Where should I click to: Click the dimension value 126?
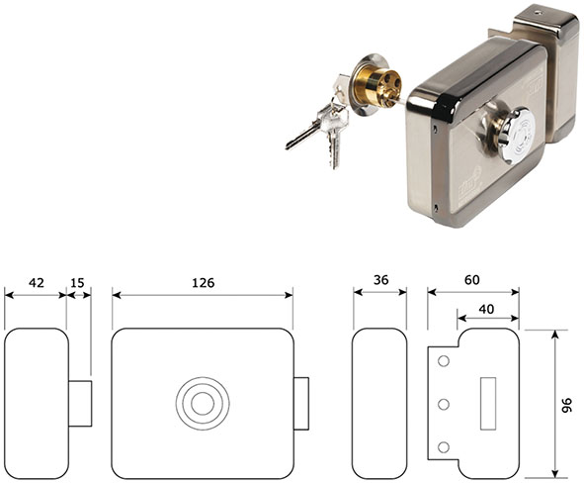click(203, 283)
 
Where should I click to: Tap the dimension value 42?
click(37, 283)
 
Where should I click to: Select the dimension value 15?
click(77, 283)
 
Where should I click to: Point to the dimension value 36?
click(380, 280)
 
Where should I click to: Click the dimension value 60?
click(472, 280)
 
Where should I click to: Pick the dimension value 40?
click(486, 309)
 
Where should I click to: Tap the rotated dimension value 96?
click(566, 405)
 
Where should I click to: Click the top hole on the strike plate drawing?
click(444, 361)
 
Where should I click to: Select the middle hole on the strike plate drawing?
click(444, 404)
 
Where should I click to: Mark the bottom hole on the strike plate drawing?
click(444, 447)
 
